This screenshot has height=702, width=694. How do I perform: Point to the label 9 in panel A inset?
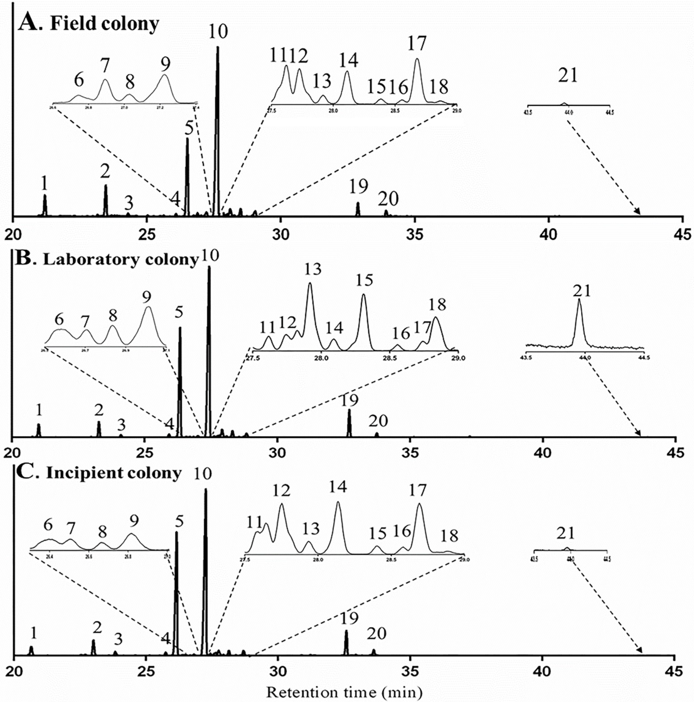point(165,65)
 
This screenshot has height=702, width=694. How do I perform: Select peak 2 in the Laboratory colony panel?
point(99,429)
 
